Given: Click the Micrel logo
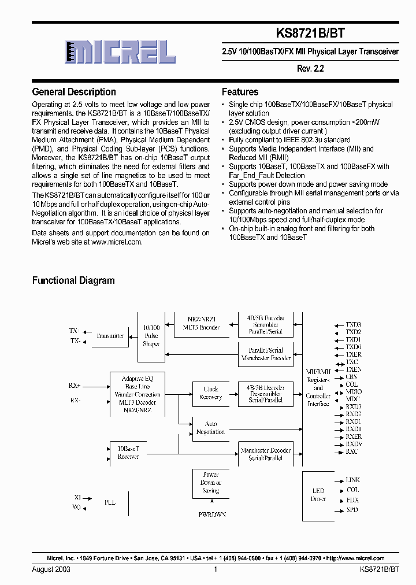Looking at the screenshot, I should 120,52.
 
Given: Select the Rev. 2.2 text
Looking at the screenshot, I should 311,68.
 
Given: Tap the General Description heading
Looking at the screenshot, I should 74,92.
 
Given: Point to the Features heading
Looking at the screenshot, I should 240,92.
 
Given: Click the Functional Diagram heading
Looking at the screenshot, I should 73,280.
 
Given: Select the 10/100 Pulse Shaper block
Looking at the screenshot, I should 151,336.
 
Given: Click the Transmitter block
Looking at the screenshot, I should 110,336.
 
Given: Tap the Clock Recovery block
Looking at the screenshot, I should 210,393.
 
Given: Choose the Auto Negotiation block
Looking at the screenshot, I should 210,428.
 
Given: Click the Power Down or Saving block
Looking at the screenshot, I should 210,483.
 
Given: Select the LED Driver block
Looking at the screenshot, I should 318,495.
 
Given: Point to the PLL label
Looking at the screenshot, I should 110,502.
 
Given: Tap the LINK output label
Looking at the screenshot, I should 352,480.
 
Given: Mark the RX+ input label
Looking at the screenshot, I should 75,384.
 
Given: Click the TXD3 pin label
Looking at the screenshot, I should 353,325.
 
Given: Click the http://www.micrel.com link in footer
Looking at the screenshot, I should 354,558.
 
